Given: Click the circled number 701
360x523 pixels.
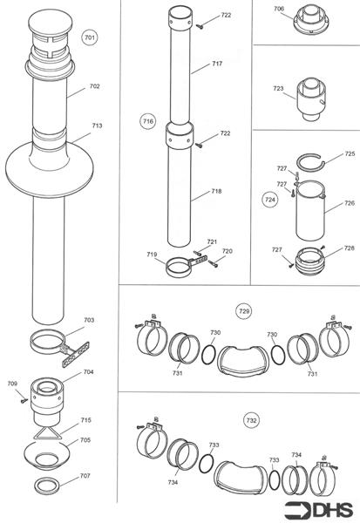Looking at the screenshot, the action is [x=90, y=37].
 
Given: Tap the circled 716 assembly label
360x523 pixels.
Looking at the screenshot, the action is [x=148, y=121].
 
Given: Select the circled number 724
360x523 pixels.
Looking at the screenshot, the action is [x=270, y=200].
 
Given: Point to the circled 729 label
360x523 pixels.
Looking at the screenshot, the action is [x=244, y=311].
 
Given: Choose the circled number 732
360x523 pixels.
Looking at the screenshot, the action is [x=251, y=421].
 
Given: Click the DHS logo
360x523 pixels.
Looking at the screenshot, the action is [x=319, y=511].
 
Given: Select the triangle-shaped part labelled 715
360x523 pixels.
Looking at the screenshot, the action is [x=47, y=433].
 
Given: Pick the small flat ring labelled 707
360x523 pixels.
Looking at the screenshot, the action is [x=48, y=486].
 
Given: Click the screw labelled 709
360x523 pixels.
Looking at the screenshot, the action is [x=24, y=399].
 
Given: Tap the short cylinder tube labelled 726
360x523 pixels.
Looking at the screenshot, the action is [x=310, y=210].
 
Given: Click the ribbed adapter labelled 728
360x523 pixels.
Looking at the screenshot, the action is [x=310, y=261].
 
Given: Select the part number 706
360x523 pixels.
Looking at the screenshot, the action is [x=279, y=9].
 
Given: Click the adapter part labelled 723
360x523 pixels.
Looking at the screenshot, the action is [x=311, y=99].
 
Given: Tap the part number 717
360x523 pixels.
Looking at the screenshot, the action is [x=217, y=64].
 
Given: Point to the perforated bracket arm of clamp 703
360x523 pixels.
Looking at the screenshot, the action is [x=76, y=354].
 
